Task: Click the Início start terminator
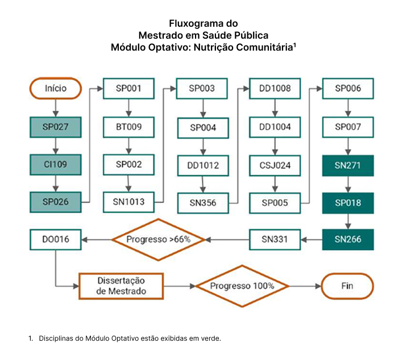(x=56, y=88)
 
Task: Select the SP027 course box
(x=56, y=127)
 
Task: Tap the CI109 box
(x=56, y=165)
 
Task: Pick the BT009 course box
(x=128, y=127)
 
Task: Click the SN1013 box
(x=128, y=202)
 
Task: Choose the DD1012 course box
(x=203, y=165)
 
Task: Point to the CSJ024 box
(x=275, y=165)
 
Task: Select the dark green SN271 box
(x=348, y=165)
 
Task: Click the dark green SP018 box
(x=348, y=203)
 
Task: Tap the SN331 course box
(x=275, y=239)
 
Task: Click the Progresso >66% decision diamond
(x=159, y=239)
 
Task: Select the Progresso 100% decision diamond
(x=242, y=286)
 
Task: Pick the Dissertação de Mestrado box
(x=121, y=286)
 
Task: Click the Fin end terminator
(x=347, y=286)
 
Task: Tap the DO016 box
(x=56, y=239)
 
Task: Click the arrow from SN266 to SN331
(x=312, y=239)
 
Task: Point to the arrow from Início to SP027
(x=56, y=108)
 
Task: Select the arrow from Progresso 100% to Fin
(x=305, y=286)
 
